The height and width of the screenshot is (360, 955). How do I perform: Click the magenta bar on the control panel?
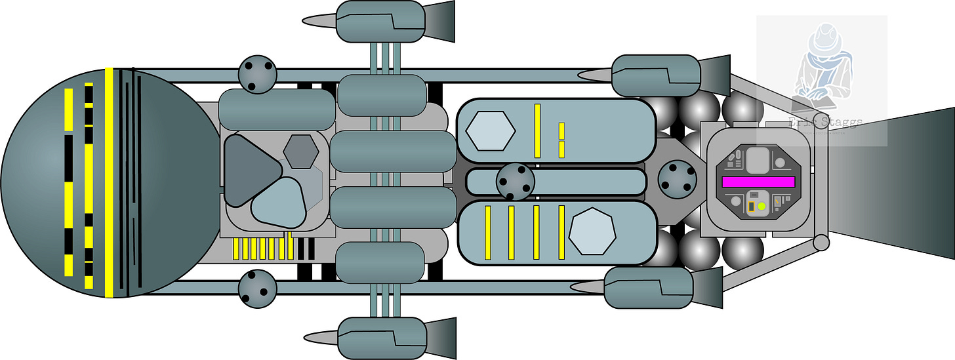coord(758,182)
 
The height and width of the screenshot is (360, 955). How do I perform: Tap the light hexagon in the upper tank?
coord(490,130)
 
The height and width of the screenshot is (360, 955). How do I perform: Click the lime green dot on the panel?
coord(762,207)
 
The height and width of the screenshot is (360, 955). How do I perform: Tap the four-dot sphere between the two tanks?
coord(515,182)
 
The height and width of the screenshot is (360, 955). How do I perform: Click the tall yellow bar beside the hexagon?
coord(537,130)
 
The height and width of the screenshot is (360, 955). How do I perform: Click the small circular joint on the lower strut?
coord(820,244)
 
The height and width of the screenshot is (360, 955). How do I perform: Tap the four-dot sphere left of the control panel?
coord(676,178)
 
